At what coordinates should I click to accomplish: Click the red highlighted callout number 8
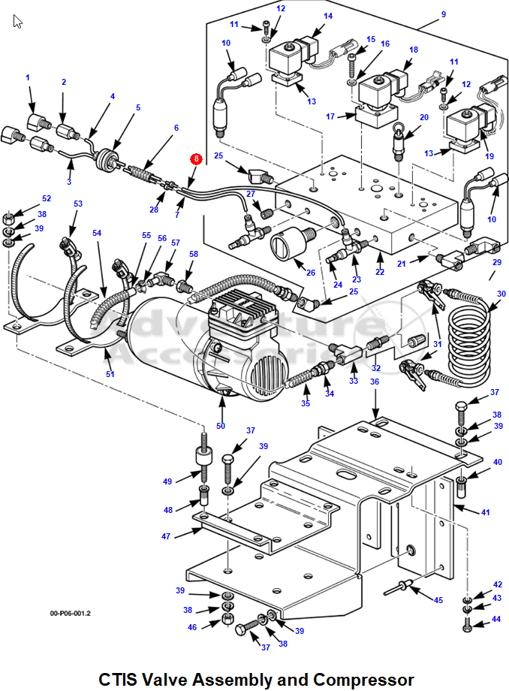click(x=197, y=158)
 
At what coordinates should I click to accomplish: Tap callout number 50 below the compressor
click(x=221, y=426)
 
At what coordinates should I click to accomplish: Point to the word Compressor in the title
click(x=363, y=679)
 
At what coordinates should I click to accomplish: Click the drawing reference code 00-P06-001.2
click(x=71, y=613)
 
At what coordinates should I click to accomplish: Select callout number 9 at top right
click(x=444, y=14)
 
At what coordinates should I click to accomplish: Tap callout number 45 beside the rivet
click(x=438, y=600)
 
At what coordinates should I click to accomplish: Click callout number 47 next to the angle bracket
click(x=166, y=536)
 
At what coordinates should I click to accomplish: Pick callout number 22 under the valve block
click(x=380, y=272)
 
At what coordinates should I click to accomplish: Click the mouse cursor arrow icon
click(x=17, y=21)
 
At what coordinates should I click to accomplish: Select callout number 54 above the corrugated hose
click(x=97, y=233)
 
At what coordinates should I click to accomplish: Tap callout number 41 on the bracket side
click(x=485, y=512)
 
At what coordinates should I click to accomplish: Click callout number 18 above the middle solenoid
click(x=414, y=50)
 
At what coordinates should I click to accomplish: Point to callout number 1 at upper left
click(x=28, y=77)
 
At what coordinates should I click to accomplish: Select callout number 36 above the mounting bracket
click(x=375, y=382)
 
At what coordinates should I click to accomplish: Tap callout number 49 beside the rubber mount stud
click(x=167, y=481)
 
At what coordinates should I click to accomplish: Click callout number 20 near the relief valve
click(x=423, y=117)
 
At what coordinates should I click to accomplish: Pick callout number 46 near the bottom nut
click(x=192, y=627)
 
